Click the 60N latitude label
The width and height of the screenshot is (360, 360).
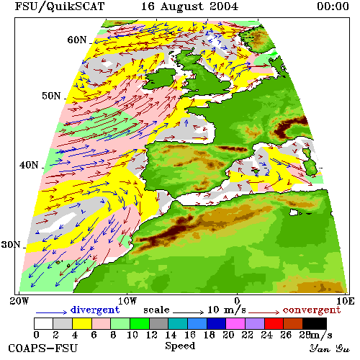pyautogui.click(x=77, y=40)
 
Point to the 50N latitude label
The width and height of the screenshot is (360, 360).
pyautogui.click(x=51, y=96)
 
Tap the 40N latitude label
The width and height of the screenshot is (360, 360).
pyautogui.click(x=29, y=165)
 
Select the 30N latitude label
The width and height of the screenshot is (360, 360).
pyautogui.click(x=11, y=245)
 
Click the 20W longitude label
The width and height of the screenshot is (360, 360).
pyautogui.click(x=19, y=301)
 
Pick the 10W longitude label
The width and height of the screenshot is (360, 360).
pyautogui.click(x=127, y=301)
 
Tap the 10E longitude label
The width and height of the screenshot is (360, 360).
pyautogui.click(x=346, y=301)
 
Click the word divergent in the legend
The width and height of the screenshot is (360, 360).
pyautogui.click(x=95, y=310)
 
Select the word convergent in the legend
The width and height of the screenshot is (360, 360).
pyautogui.click(x=312, y=310)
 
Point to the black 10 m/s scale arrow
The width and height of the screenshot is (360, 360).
pyautogui.click(x=188, y=312)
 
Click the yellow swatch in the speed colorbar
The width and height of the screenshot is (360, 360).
pyautogui.click(x=82, y=323)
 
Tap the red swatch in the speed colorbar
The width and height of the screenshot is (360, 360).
pyautogui.click(x=274, y=323)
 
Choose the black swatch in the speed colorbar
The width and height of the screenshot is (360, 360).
pyautogui.click(x=315, y=323)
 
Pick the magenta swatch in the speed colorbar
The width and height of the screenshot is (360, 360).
pyautogui.click(x=235, y=323)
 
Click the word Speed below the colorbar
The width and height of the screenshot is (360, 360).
pyautogui.click(x=180, y=346)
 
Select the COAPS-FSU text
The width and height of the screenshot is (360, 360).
pyautogui.click(x=43, y=348)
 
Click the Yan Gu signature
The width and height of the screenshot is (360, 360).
pyautogui.click(x=329, y=348)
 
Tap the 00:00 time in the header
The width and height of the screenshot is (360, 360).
pyautogui.click(x=333, y=6)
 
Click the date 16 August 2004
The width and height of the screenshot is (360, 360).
pyautogui.click(x=189, y=6)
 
